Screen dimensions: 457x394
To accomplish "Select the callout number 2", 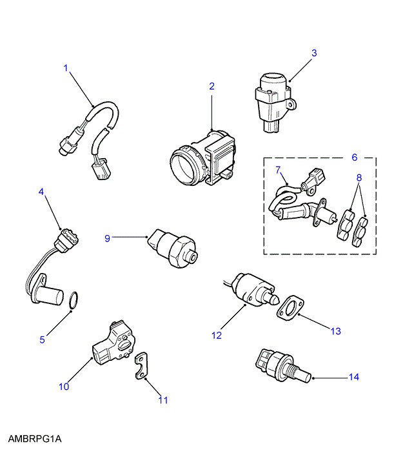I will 211,86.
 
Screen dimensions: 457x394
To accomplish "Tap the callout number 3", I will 314,53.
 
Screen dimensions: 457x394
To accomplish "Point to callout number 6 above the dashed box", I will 353,157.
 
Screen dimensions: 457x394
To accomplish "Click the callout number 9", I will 108,238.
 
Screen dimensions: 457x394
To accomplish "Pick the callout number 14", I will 353,376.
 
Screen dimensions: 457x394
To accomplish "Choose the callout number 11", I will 163,400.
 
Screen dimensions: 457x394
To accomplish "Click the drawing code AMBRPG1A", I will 34,440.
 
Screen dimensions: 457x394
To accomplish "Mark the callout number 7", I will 278,170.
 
